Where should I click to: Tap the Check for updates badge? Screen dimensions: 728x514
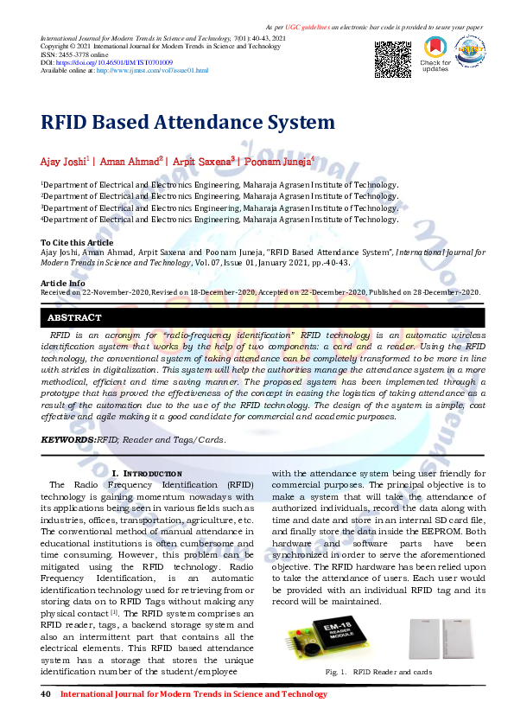[x=435, y=55]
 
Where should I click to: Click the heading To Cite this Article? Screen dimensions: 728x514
[x=77, y=243]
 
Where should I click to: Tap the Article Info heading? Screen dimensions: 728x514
[x=63, y=283]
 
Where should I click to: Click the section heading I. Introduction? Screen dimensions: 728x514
[x=147, y=474]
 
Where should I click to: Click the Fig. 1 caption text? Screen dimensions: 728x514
[x=378, y=672]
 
